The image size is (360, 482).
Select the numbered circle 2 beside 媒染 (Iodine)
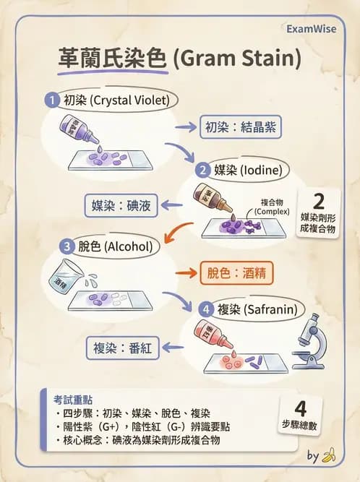[203, 171]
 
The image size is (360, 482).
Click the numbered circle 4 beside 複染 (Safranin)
[206, 310]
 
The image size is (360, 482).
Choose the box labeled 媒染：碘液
[121, 205]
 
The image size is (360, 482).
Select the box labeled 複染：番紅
[121, 348]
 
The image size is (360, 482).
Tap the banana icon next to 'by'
[329, 455]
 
